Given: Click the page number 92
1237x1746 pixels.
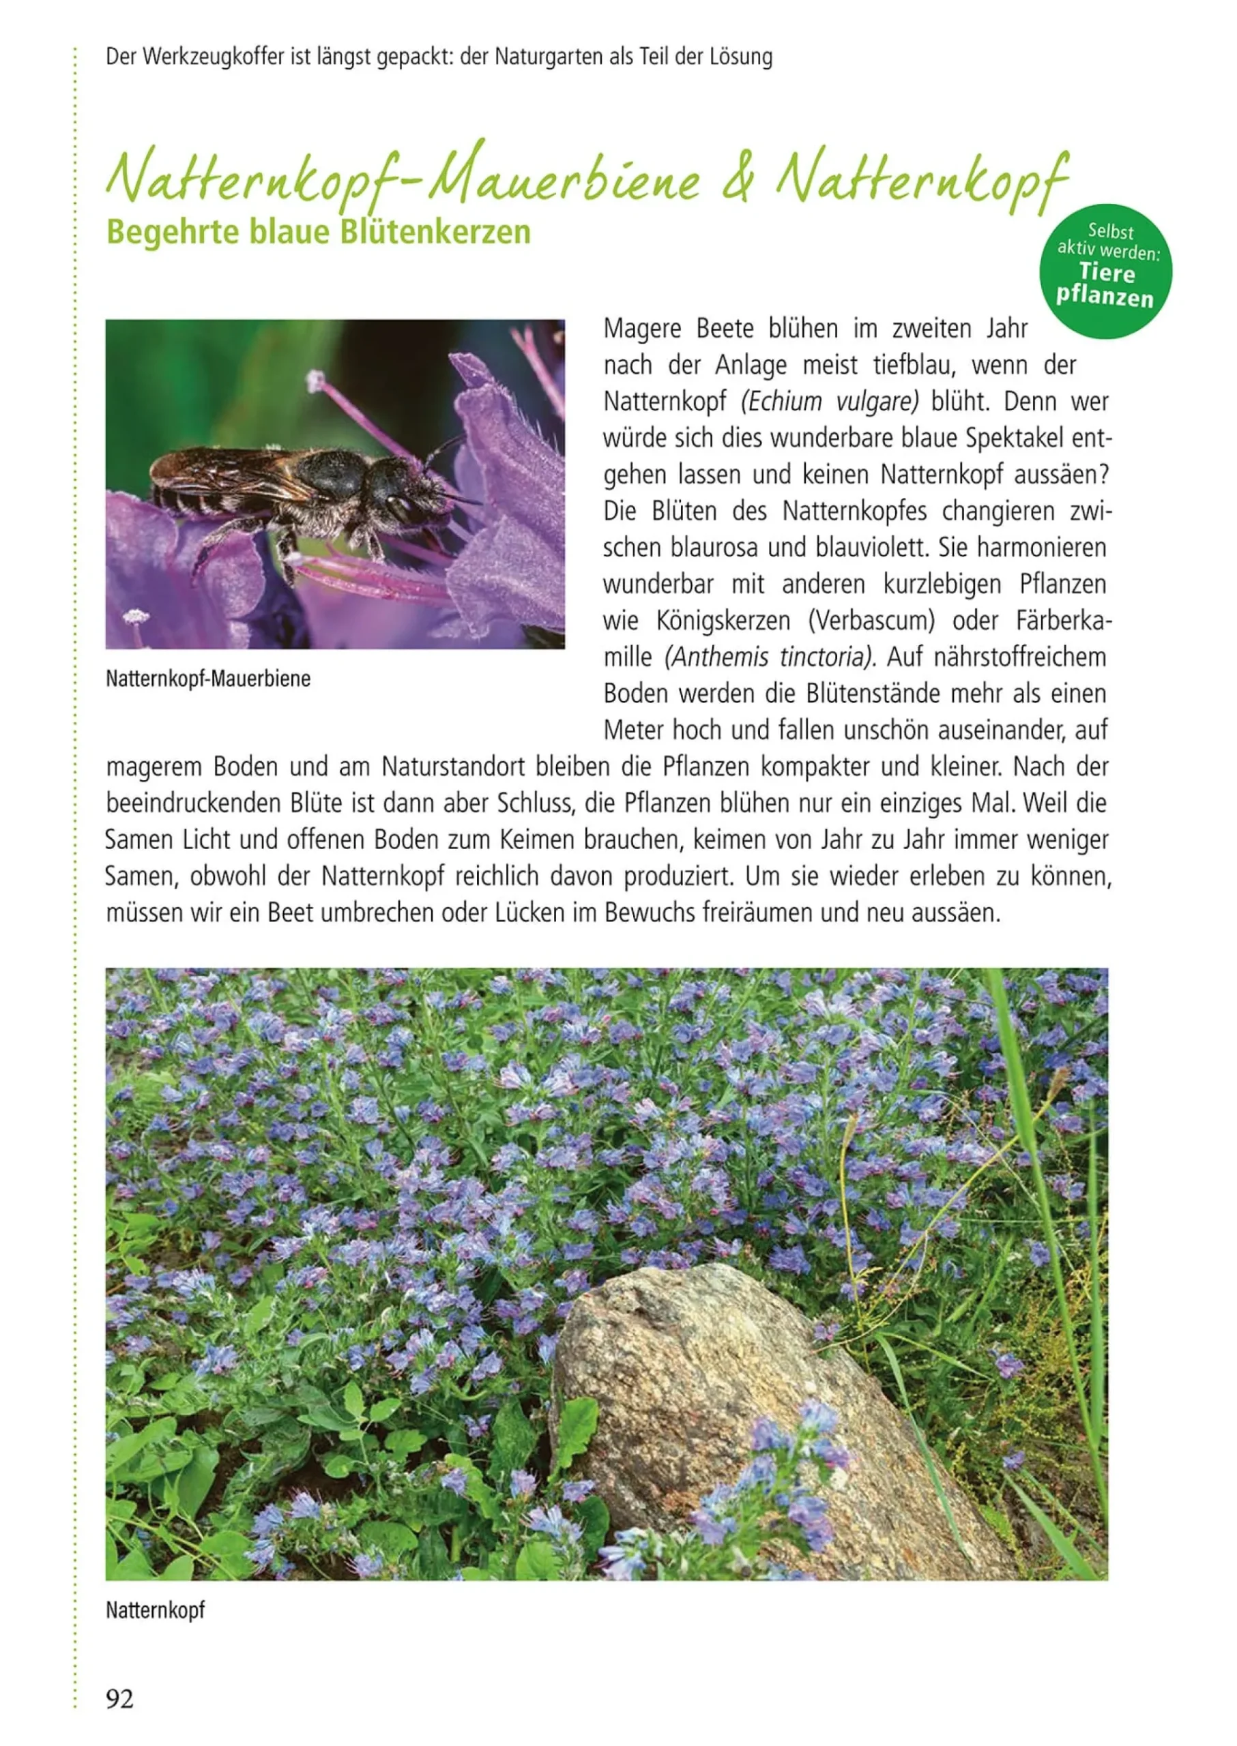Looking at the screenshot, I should pyautogui.click(x=119, y=1699).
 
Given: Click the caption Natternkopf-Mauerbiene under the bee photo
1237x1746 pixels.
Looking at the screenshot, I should pyautogui.click(x=208, y=679).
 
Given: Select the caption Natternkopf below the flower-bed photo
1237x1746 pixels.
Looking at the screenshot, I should pyautogui.click(x=156, y=1610).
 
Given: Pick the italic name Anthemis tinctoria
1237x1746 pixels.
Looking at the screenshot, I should pyautogui.click(x=770, y=657).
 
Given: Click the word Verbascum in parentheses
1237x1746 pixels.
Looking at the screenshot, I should pyautogui.click(x=871, y=621).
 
